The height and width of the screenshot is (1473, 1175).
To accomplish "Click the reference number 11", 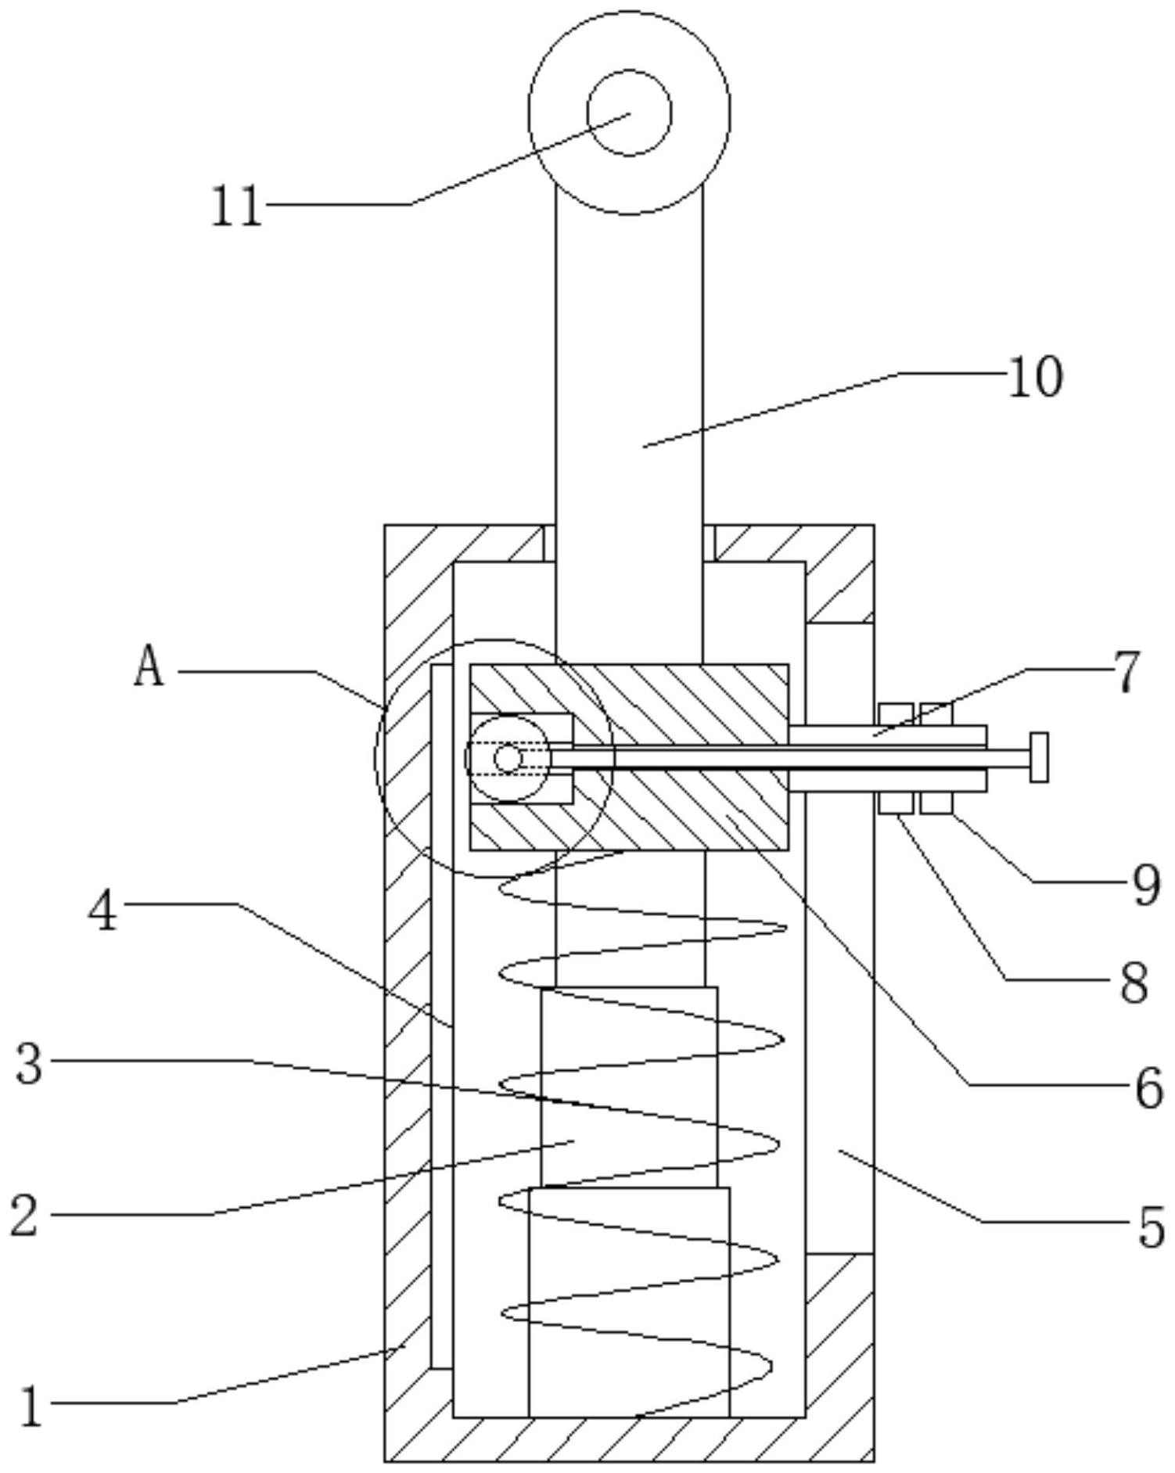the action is coord(237,207).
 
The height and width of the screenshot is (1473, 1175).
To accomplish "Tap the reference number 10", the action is coord(1035,377).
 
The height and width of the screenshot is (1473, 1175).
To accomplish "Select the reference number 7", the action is coord(1126,673).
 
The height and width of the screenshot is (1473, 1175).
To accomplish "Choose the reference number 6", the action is coord(1149,1088).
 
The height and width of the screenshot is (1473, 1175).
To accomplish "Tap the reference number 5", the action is coord(1151,1227).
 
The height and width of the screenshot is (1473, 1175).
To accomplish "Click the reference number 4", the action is coord(102,911).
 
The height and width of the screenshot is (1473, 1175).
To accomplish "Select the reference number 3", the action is coord(29,1065).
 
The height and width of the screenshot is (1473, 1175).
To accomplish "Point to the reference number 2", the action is coord(24,1217).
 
